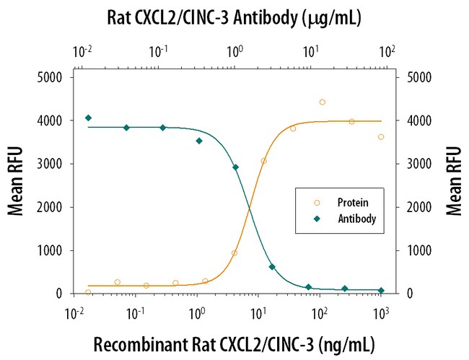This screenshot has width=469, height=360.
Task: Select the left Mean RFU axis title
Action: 16,185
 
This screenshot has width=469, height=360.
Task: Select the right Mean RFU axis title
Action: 453,185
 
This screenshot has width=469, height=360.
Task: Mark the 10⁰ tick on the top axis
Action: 234,52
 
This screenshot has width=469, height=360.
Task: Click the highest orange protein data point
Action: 323,102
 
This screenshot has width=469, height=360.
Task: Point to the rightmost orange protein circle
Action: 381,136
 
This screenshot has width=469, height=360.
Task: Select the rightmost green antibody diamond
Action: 381,290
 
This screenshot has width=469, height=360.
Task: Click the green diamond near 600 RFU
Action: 272,267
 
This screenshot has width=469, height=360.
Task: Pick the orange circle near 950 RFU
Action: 234,253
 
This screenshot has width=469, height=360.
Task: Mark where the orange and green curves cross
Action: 249,208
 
